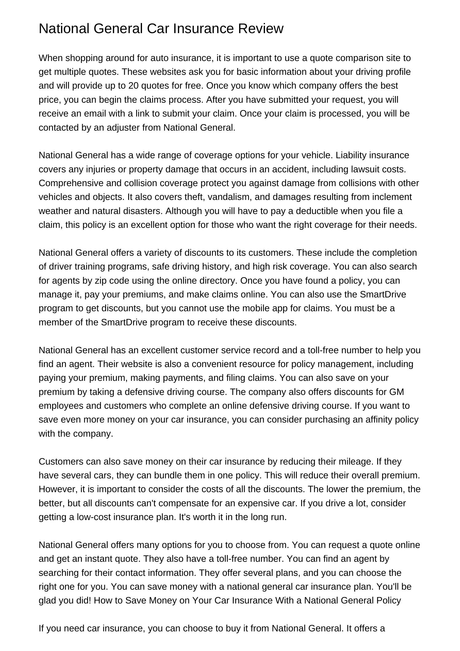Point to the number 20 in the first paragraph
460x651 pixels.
tap(133, 86)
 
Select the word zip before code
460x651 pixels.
tap(100, 281)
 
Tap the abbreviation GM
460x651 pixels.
tap(397, 392)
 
